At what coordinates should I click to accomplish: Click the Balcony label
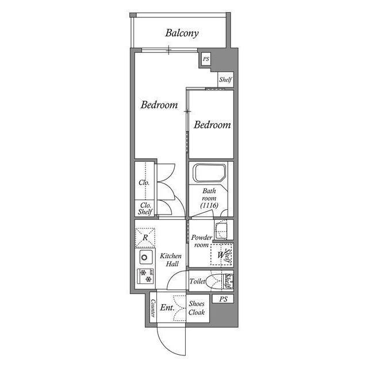click(182, 33)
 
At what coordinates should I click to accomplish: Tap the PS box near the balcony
click(205, 59)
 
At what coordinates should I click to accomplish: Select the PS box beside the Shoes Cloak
click(223, 299)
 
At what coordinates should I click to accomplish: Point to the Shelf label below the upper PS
click(225, 80)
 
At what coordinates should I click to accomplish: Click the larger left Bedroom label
click(159, 105)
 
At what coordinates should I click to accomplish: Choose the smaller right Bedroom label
click(212, 125)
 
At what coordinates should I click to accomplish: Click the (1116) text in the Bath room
click(209, 205)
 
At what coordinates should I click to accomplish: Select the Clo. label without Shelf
click(144, 183)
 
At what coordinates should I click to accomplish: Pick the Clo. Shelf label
click(145, 208)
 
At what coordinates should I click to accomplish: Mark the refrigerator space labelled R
click(146, 236)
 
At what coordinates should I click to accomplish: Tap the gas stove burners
click(145, 276)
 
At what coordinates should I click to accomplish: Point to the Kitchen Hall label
click(171, 260)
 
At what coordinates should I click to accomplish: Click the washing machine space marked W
click(220, 255)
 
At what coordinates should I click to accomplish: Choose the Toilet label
click(197, 282)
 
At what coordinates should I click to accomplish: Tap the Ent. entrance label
click(167, 308)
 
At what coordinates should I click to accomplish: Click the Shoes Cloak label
click(197, 308)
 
